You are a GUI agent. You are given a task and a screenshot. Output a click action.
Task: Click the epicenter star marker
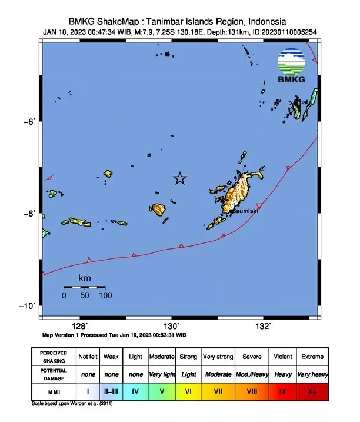point(180,178)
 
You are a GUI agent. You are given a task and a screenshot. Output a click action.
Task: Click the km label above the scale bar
point(84,278)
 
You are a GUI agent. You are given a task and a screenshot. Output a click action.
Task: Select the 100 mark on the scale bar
point(105,295)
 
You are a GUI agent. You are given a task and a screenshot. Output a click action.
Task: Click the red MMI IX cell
point(284,390)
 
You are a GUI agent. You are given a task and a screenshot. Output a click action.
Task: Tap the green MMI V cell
point(162,390)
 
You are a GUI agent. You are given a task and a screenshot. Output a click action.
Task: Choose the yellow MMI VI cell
point(188,390)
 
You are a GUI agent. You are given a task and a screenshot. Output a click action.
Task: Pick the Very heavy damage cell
point(312,374)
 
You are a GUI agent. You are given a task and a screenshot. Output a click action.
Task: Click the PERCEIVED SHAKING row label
point(53,357)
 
